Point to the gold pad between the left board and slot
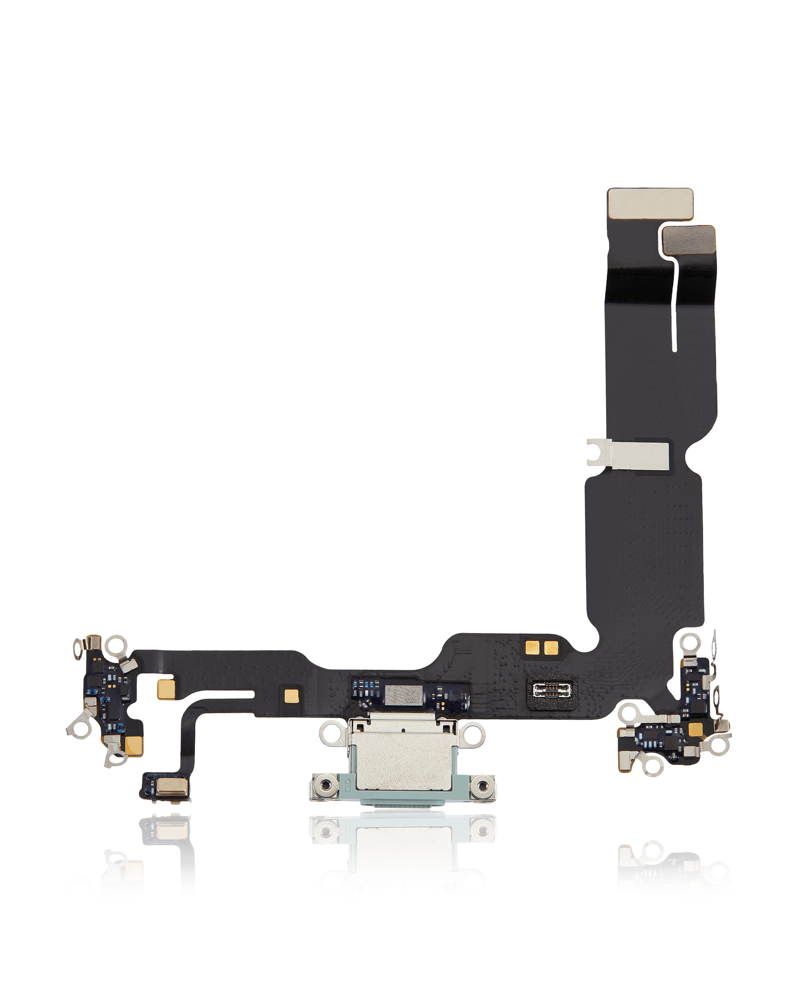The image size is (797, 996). click(165, 689)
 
